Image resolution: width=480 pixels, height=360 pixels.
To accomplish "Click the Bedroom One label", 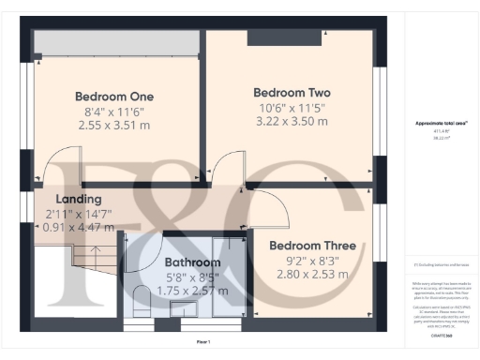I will click(114, 97).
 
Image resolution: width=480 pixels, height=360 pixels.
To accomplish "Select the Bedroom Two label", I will click(292, 93).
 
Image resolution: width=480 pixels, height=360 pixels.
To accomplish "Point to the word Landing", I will click(79, 199).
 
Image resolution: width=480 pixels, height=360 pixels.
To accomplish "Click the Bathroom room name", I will click(192, 262).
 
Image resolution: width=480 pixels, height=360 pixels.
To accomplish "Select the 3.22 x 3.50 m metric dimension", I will click(292, 121).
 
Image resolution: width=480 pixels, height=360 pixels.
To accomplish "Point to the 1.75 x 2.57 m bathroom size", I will click(192, 292).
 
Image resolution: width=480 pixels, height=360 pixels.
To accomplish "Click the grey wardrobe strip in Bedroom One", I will click(116, 41).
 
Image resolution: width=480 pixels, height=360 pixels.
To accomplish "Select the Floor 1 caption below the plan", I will click(203, 342).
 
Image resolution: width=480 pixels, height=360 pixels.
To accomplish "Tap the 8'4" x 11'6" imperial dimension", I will click(114, 111).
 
